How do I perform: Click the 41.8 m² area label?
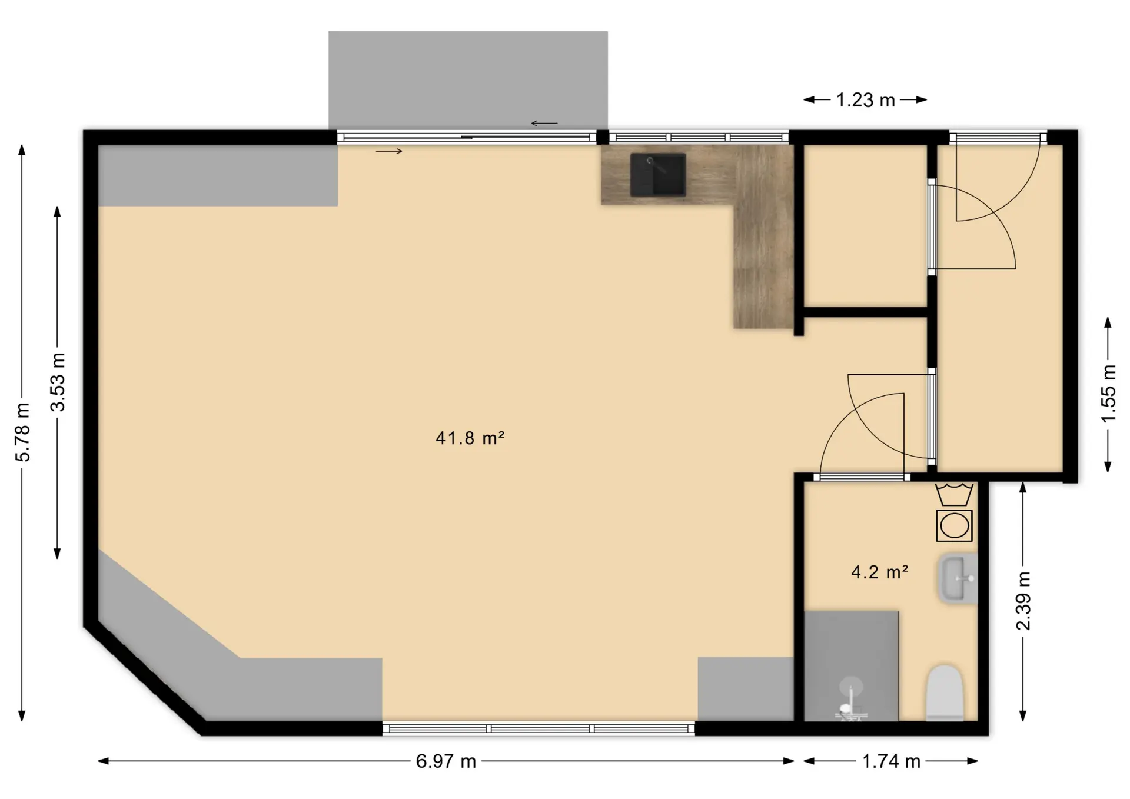pyautogui.click(x=470, y=438)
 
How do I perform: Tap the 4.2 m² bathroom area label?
pyautogui.click(x=880, y=572)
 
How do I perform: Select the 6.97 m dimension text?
pyautogui.click(x=446, y=761)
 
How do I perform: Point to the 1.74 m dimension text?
pyautogui.click(x=891, y=761)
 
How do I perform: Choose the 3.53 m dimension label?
pyautogui.click(x=58, y=382)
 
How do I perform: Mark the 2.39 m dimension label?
pyautogui.click(x=1024, y=601)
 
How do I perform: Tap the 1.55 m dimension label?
pyautogui.click(x=1108, y=393)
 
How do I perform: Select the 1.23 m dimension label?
pyautogui.click(x=866, y=100)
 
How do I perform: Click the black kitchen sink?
pyautogui.click(x=658, y=175)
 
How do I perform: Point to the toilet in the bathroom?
pyautogui.click(x=945, y=693)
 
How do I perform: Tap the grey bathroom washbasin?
pyautogui.click(x=958, y=578)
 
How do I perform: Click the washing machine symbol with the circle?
pyautogui.click(x=954, y=525)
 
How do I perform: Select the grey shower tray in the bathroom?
pyautogui.click(x=852, y=666)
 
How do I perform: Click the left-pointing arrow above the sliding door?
pyautogui.click(x=544, y=124)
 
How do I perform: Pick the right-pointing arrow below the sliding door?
pyautogui.click(x=389, y=151)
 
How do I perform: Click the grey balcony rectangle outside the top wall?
pyautogui.click(x=468, y=81)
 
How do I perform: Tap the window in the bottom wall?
pyautogui.click(x=539, y=729)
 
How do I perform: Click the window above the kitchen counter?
pyautogui.click(x=699, y=138)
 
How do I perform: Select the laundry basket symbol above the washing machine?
pyautogui.click(x=954, y=494)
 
